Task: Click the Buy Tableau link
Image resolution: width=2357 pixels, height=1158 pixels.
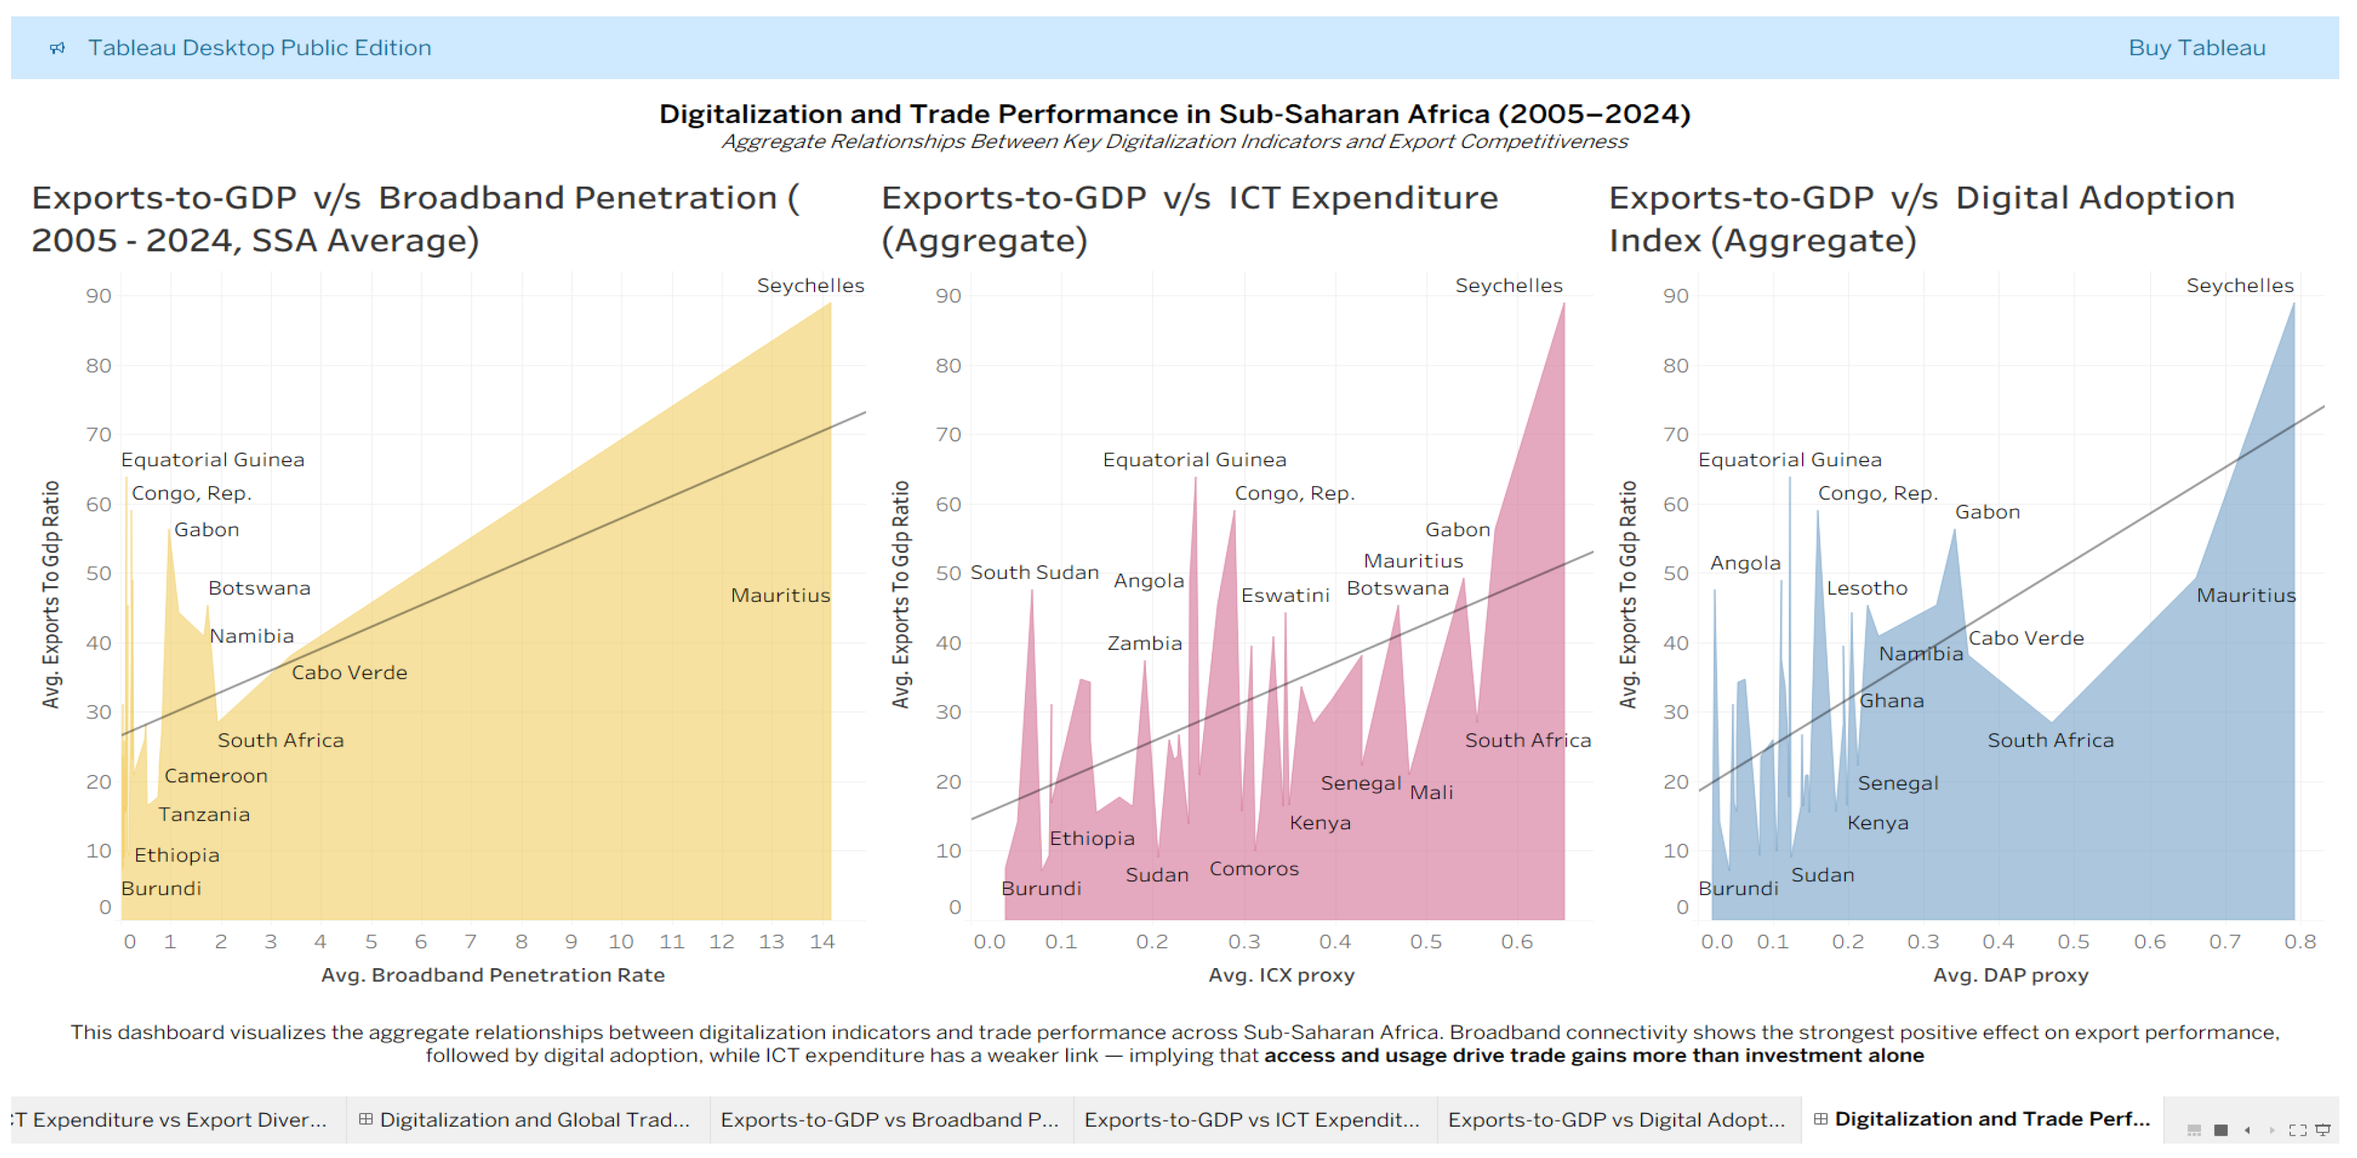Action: tap(2196, 48)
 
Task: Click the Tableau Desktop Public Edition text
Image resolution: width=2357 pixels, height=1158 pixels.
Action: tap(259, 48)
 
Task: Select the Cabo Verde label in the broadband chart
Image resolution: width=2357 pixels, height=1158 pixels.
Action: tap(349, 672)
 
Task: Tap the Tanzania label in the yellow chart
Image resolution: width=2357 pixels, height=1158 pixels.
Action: tap(203, 814)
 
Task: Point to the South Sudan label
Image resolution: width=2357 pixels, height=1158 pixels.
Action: tap(1034, 572)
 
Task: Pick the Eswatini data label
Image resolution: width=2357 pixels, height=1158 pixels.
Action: tap(1284, 595)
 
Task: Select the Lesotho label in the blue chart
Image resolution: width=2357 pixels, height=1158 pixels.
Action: tap(1867, 588)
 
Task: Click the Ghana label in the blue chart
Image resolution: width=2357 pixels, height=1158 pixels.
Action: tap(1891, 701)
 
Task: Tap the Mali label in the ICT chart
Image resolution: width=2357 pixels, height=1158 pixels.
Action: tap(1431, 792)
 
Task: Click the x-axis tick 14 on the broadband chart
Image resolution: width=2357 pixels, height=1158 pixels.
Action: tap(822, 941)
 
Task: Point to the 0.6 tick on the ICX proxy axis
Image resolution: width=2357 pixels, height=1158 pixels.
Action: tap(1516, 941)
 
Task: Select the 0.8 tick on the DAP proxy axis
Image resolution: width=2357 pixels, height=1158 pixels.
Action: tap(2299, 941)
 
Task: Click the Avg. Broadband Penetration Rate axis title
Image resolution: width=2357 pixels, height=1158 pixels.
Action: tap(492, 975)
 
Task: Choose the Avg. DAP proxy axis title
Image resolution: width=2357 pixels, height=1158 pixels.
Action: tap(2010, 975)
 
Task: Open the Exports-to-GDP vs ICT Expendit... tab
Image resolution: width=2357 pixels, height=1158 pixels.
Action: tap(1252, 1119)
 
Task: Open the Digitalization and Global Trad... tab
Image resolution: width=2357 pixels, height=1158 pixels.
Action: tap(533, 1119)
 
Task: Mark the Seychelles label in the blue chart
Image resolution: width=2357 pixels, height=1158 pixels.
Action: tap(2239, 286)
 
